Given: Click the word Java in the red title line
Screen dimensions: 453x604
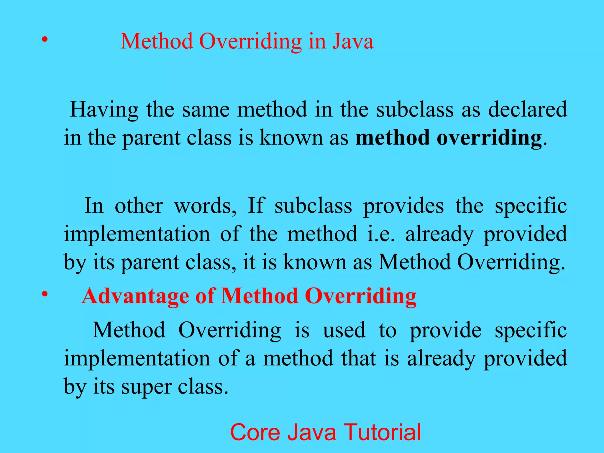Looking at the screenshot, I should point(353,41).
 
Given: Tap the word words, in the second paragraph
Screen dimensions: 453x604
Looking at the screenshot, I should point(205,206).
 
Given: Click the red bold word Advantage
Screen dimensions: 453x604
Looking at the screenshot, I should point(135,296).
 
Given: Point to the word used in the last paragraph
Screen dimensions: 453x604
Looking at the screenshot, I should point(344,330).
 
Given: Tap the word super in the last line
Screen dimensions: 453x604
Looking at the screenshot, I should point(146,388).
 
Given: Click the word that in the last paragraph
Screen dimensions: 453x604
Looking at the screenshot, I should point(358,358).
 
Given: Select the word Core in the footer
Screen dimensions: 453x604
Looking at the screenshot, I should point(255,432).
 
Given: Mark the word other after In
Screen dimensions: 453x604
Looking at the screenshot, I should point(139,206).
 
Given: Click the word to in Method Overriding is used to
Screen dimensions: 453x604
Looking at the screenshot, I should point(387,330).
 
